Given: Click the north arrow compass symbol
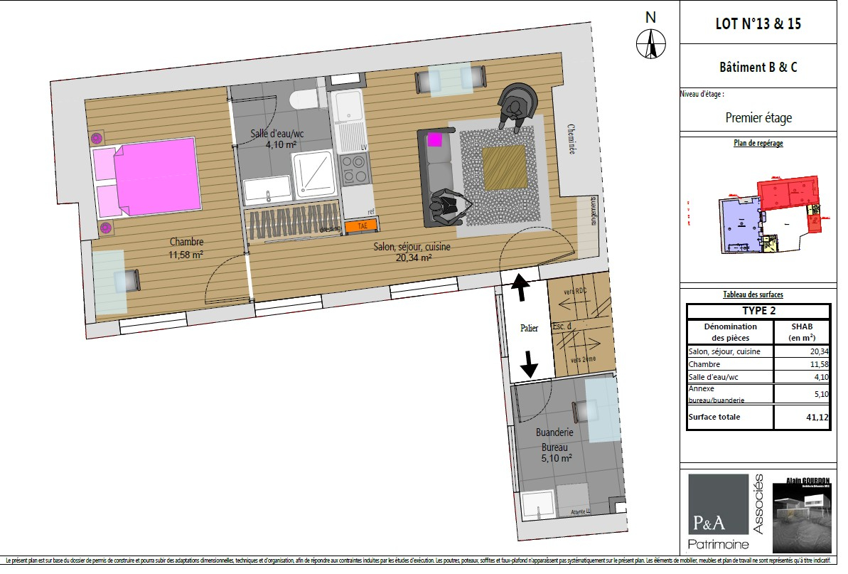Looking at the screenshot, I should tap(650, 43).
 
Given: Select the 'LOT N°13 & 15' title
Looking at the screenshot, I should tap(758, 23).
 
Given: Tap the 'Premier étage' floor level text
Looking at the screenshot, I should tap(758, 118).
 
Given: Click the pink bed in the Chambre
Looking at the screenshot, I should tap(155, 176).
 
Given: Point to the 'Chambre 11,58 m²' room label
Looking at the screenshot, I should tap(186, 248).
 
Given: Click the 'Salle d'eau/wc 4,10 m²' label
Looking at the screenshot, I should tap(277, 139).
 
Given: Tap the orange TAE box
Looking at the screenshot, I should tap(361, 226).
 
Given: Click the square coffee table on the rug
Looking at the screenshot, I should tap(505, 166).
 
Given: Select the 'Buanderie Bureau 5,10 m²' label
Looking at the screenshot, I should tap(554, 445).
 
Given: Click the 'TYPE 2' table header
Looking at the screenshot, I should tap(758, 311).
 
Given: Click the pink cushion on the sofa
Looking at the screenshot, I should tap(435, 139).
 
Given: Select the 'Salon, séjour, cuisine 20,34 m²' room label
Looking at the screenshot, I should tap(412, 253).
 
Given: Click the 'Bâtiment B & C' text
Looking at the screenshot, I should tap(758, 68).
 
